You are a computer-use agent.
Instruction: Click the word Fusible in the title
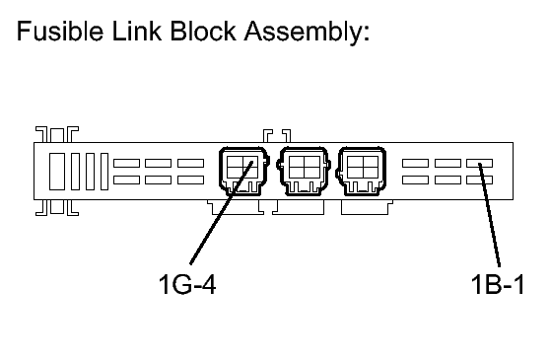(x=60, y=32)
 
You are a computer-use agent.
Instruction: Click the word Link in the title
(x=137, y=32)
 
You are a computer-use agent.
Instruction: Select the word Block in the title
(x=203, y=32)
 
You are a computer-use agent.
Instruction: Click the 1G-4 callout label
(x=187, y=284)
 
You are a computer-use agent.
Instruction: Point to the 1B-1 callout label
(x=498, y=284)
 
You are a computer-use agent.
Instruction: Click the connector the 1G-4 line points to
(x=243, y=171)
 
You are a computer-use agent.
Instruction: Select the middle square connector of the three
(x=304, y=171)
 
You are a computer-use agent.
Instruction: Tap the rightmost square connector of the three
(x=362, y=171)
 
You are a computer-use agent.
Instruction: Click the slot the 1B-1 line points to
(x=479, y=163)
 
